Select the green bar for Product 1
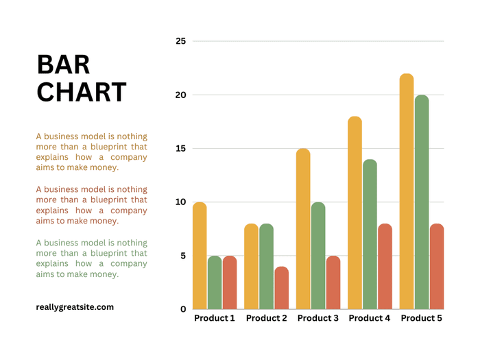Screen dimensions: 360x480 pyautogui.click(x=215, y=283)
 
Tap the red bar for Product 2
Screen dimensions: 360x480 pyautogui.click(x=281, y=288)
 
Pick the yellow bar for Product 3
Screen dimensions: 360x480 pyautogui.click(x=303, y=229)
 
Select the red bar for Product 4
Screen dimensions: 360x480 pyautogui.click(x=385, y=267)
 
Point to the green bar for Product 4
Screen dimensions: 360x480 pyautogui.click(x=370, y=235)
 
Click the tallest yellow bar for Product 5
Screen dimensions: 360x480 pyautogui.click(x=407, y=192)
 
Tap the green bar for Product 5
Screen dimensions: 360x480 pyautogui.click(x=422, y=202)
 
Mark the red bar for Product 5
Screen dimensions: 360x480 pyautogui.click(x=437, y=267)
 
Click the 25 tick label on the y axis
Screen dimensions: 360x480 pyautogui.click(x=180, y=41)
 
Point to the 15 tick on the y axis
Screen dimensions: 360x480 pyautogui.click(x=180, y=148)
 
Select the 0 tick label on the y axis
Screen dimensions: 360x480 pyautogui.click(x=183, y=309)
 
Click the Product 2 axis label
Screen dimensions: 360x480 pyautogui.click(x=266, y=319)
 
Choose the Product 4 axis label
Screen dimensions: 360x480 pyautogui.click(x=370, y=319)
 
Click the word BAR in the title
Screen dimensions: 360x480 pyautogui.click(x=63, y=64)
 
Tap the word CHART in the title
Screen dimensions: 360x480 pyautogui.click(x=81, y=93)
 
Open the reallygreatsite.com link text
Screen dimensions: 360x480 pyautogui.click(x=75, y=307)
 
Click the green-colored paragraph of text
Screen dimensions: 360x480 pyautogui.click(x=91, y=259)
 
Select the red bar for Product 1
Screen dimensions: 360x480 pyautogui.click(x=230, y=283)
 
